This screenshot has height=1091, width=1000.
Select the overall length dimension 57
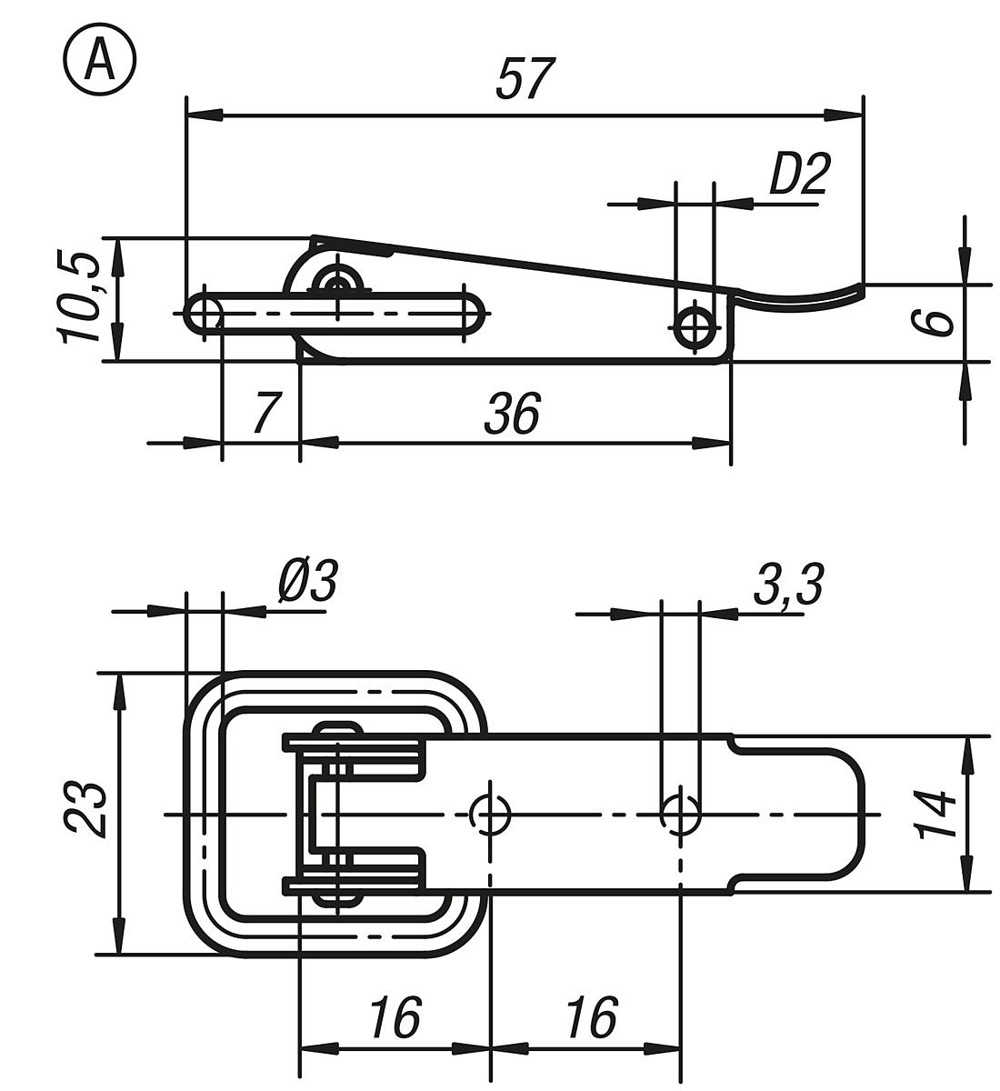pos(525,79)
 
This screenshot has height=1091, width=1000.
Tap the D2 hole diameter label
pos(799,175)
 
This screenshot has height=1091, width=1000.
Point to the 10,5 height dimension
pos(79,298)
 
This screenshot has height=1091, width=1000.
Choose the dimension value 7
pos(264,413)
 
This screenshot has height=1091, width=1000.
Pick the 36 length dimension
pos(512,414)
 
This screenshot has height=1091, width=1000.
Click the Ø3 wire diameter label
pos(307,581)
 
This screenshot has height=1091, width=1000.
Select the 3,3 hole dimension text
pos(787,585)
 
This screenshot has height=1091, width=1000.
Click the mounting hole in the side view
pos(696,325)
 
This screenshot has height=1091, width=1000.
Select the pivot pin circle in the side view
pos(337,284)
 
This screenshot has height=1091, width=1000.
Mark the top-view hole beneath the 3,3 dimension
pos(679,813)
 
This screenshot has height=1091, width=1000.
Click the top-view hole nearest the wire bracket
pos(491,813)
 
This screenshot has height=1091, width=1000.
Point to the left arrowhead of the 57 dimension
pos(205,115)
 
